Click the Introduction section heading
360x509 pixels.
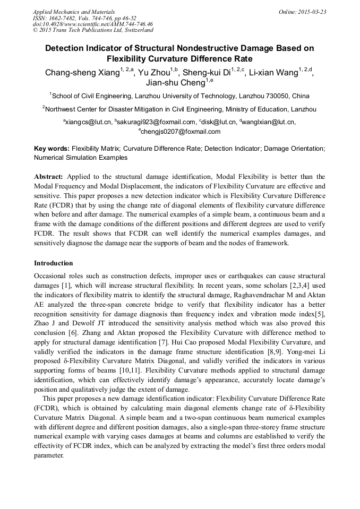(54, 263)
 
